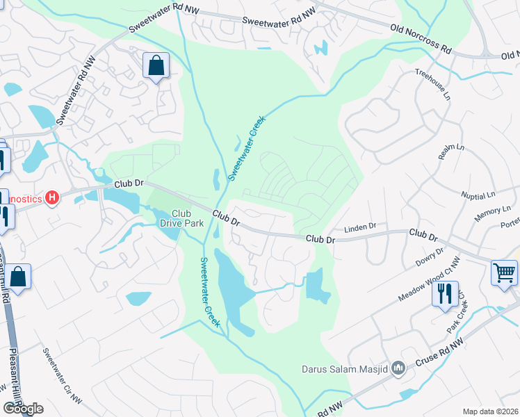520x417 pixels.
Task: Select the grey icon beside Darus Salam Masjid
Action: (x=398, y=368)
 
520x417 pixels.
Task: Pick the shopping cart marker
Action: (x=504, y=272)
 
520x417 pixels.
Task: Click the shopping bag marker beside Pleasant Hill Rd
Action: (x=19, y=277)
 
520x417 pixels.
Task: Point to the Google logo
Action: (x=23, y=409)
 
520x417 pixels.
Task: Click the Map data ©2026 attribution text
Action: (x=490, y=411)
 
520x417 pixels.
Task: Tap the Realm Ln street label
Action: (x=451, y=152)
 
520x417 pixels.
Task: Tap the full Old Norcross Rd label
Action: (x=421, y=40)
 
